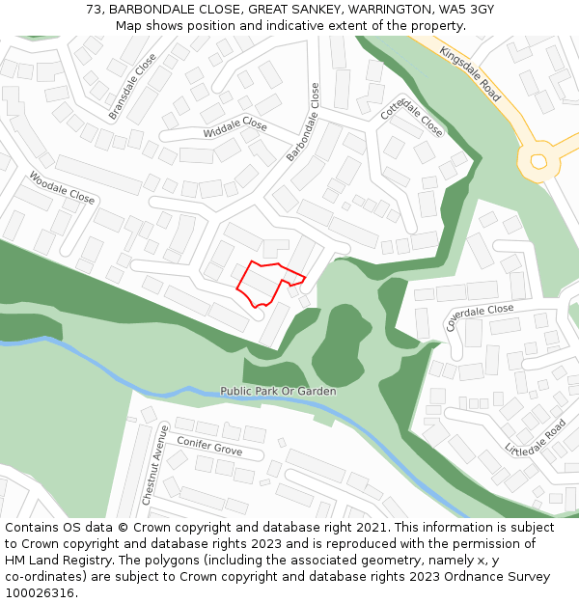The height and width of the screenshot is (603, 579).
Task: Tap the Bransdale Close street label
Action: (132, 87)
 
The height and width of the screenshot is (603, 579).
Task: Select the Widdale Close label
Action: (234, 128)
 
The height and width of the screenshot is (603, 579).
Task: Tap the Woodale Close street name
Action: (63, 188)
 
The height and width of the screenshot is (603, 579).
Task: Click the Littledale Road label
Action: (536, 437)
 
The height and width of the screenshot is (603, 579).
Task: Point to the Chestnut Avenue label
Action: (154, 464)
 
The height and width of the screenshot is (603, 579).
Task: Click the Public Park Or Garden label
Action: (278, 392)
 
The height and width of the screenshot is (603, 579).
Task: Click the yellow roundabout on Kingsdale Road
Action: (538, 162)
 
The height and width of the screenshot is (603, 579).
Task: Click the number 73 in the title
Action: (94, 10)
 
